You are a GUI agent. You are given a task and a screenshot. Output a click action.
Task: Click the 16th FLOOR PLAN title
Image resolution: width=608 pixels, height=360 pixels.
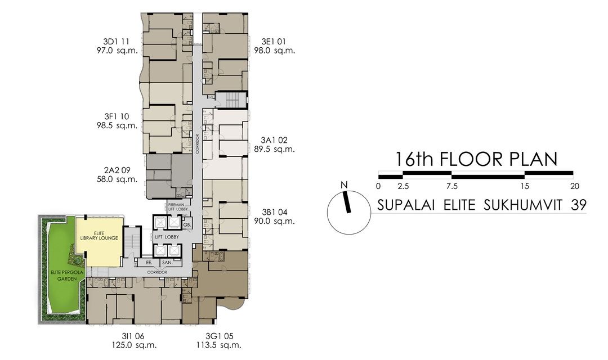[x=476, y=159]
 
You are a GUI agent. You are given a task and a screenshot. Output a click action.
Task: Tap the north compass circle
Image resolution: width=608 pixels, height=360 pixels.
[x=347, y=212]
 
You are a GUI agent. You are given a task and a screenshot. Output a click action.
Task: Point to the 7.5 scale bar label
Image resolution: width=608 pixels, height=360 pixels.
[x=451, y=186]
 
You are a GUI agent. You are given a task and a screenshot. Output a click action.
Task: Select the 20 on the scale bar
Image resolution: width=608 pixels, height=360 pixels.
[x=574, y=186]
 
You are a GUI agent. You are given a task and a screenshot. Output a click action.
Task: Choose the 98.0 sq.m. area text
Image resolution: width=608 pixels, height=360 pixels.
[x=278, y=51]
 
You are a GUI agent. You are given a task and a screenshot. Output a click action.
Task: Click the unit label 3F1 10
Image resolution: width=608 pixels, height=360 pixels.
[x=117, y=116]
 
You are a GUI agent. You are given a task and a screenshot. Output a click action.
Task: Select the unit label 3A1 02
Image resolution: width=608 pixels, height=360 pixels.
[x=274, y=139]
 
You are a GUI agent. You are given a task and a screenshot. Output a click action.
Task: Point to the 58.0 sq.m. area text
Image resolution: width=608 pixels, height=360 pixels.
[x=117, y=179]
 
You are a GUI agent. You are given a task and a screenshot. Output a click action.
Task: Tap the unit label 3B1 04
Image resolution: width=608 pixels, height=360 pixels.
[x=274, y=212]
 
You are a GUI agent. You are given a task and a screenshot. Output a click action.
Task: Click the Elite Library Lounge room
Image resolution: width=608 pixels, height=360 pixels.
[x=99, y=242]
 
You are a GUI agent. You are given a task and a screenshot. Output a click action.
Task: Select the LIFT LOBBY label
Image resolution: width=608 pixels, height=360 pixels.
[x=167, y=237]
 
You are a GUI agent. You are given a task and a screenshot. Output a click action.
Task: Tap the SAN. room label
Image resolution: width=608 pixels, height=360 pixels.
[x=167, y=263]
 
